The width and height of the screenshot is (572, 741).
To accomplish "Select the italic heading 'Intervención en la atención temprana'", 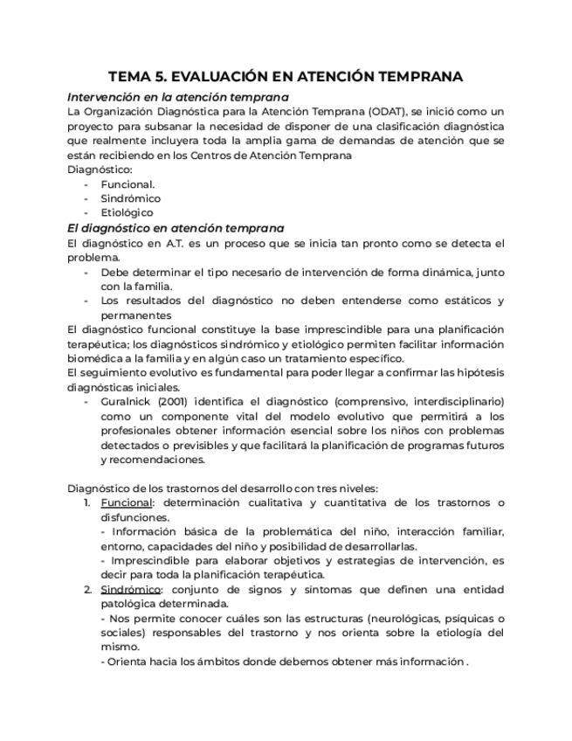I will [x=178, y=97].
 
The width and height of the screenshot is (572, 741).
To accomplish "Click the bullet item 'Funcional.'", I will [x=127, y=184].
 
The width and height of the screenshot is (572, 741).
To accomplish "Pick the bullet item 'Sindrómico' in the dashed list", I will [x=130, y=198].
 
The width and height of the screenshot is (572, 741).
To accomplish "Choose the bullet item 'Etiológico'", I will [x=127, y=212].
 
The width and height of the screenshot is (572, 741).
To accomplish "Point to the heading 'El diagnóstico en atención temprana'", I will [x=176, y=228].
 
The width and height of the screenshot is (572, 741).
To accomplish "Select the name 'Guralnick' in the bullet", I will [x=128, y=402].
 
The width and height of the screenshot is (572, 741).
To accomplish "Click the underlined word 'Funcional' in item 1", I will [x=127, y=502].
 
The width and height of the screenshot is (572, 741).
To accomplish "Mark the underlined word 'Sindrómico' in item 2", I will [x=130, y=589].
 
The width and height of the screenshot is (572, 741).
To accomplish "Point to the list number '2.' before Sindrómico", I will [x=88, y=589].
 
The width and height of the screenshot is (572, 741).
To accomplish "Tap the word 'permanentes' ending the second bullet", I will [x=135, y=315].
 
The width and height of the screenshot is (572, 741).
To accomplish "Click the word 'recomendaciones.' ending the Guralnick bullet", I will [x=153, y=460].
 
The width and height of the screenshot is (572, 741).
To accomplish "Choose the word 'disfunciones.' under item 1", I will [x=134, y=517].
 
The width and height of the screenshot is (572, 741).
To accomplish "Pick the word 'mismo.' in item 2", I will [x=120, y=648].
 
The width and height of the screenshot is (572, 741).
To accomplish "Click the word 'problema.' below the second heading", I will [x=93, y=258].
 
